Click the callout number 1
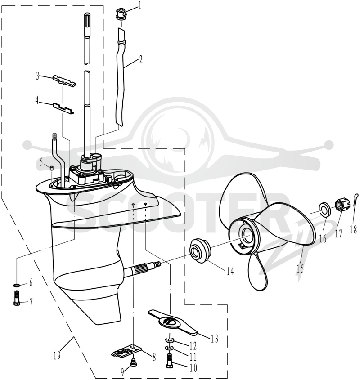139,6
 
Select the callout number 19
57,356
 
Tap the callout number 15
300,268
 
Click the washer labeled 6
17,285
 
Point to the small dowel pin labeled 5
52,168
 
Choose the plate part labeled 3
64,80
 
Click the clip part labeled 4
63,107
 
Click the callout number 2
140,59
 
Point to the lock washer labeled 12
170,341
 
